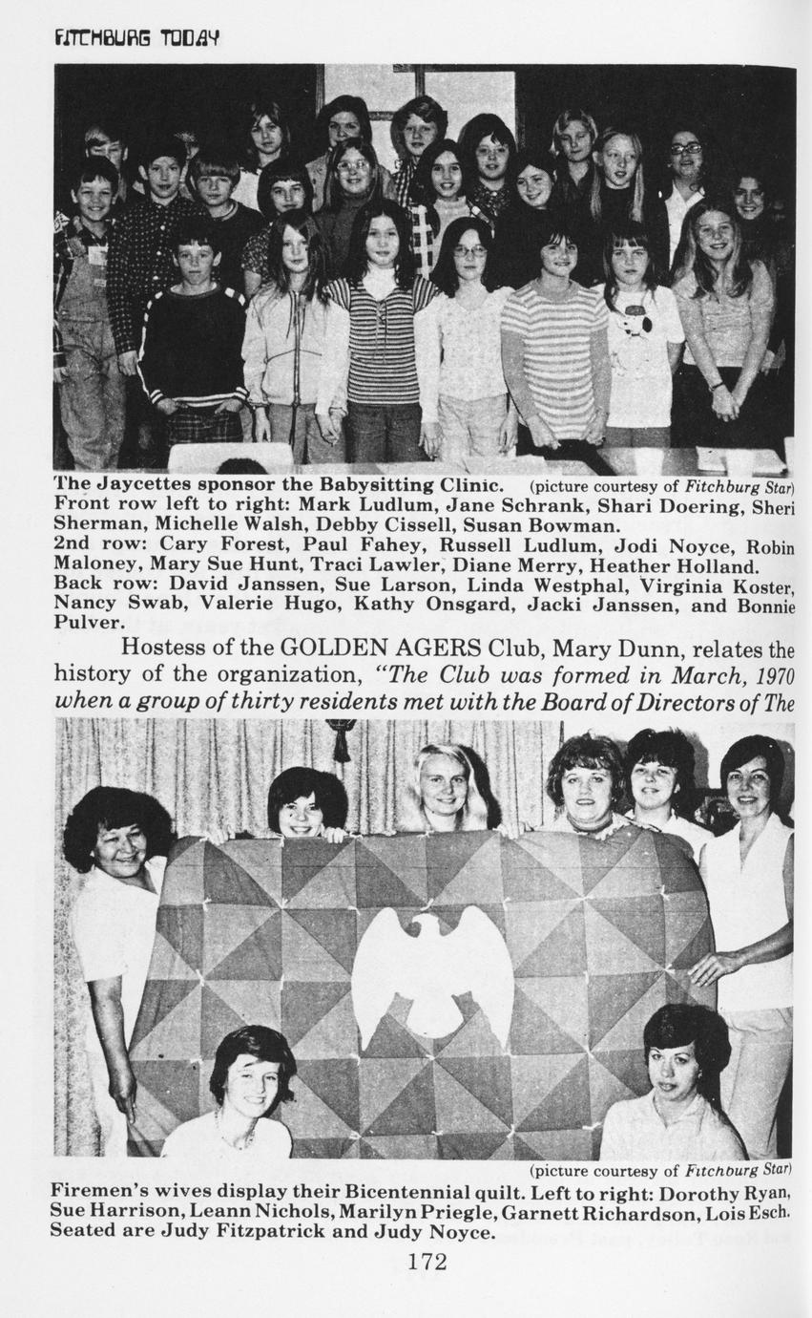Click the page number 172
point(427,1262)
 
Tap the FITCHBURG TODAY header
point(137,38)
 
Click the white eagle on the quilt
point(432,969)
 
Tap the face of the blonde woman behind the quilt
point(444,784)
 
